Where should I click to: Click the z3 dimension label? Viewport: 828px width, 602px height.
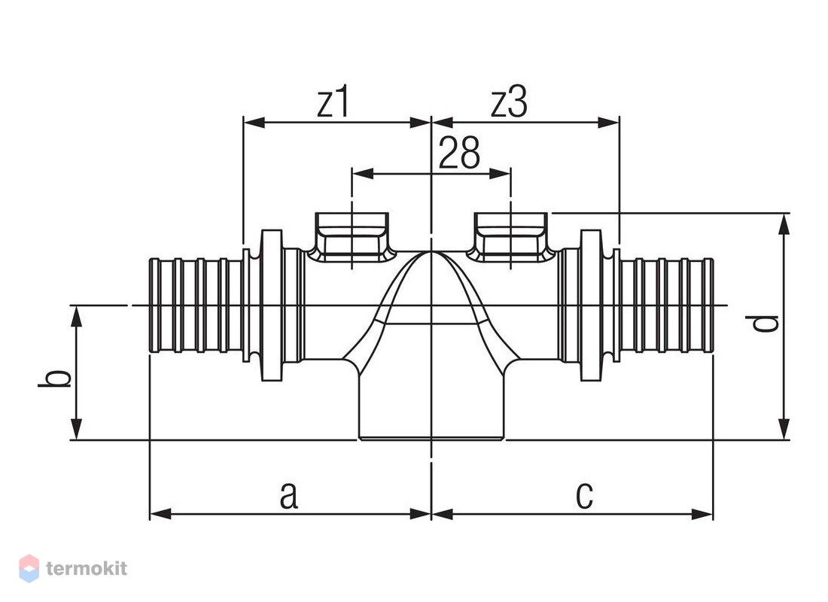(x=509, y=103)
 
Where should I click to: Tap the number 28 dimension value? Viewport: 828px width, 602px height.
(x=459, y=153)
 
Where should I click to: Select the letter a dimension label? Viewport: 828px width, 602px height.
(x=288, y=496)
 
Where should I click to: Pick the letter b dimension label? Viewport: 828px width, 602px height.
(x=55, y=378)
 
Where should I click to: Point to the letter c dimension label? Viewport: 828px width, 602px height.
(x=584, y=496)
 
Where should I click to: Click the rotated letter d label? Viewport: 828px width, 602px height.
(x=766, y=322)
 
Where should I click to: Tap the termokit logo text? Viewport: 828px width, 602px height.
(x=87, y=569)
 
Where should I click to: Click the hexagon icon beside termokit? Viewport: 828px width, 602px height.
(x=29, y=568)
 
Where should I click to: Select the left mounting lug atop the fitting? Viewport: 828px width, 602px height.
(x=352, y=236)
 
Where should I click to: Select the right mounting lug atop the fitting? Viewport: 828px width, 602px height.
(x=510, y=236)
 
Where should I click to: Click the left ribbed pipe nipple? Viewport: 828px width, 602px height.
(x=196, y=305)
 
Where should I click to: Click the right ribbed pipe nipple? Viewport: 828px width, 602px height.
(x=666, y=305)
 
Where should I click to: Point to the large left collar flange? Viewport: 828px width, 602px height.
(x=272, y=305)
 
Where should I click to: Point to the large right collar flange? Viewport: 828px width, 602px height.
(x=592, y=305)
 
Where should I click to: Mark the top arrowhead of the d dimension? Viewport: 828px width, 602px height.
(x=784, y=223)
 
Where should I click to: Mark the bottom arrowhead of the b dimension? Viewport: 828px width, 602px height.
(x=77, y=429)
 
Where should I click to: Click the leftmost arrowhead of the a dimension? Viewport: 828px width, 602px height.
(x=160, y=513)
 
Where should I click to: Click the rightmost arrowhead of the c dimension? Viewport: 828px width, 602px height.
(x=703, y=513)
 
